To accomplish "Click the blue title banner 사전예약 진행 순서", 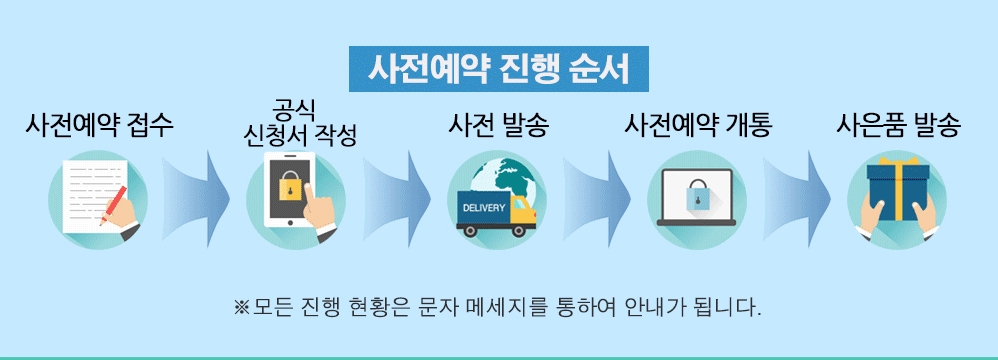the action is tap(498, 69).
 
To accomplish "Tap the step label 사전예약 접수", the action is tap(99, 125).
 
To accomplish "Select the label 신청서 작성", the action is tap(300, 135).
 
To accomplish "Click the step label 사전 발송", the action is tap(498, 125).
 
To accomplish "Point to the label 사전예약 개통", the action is tap(698, 125).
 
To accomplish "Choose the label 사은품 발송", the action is tap(897, 125).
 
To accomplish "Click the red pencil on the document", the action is tap(113, 205).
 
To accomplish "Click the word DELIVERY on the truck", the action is tap(484, 208).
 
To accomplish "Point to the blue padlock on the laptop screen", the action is tap(696, 194).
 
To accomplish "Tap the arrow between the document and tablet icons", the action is tap(196, 199).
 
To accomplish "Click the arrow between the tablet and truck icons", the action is tap(397, 199).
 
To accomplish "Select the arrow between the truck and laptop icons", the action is tap(597, 199).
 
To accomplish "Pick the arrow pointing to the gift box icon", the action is tap(797, 199).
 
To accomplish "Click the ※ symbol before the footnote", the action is tap(242, 308).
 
